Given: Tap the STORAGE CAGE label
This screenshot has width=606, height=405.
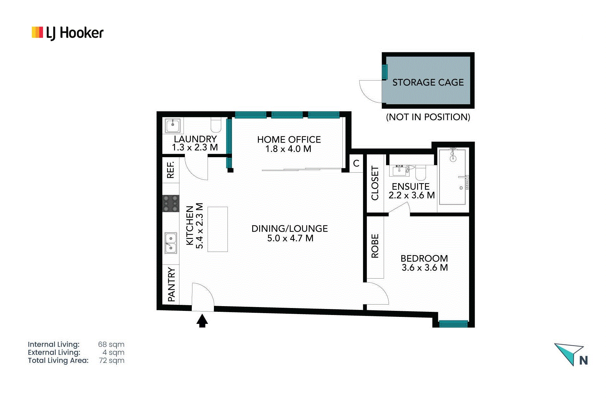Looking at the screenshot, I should tap(428, 82).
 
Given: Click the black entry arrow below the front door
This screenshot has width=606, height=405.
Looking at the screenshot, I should tap(202, 320).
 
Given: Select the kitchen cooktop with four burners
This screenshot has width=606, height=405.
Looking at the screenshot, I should tap(171, 203).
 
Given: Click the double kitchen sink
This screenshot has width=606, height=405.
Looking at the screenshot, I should tap(171, 243).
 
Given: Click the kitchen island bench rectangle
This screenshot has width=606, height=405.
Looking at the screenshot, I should tap(217, 229).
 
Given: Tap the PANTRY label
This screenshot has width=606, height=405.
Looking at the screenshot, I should tap(171, 284).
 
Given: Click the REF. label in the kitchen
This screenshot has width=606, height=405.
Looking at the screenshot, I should tap(170, 170).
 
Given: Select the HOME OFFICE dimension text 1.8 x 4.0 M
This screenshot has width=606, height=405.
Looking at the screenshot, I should tap(288, 149).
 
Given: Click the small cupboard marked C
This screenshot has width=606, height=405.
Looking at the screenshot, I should tap(356, 164).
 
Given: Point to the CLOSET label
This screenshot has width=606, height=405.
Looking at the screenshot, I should tap(375, 183).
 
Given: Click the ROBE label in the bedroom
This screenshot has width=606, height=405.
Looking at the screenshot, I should tap(375, 246).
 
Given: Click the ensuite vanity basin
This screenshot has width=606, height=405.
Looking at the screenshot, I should tap(399, 171).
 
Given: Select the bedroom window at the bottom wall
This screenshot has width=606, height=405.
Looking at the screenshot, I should tap(453, 324).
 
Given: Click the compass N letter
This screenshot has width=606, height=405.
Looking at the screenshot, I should tap(584, 361).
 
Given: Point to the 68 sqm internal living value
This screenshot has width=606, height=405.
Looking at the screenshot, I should tap(111, 344).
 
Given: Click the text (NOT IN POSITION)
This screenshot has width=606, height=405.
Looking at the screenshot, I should tap(428, 117).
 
